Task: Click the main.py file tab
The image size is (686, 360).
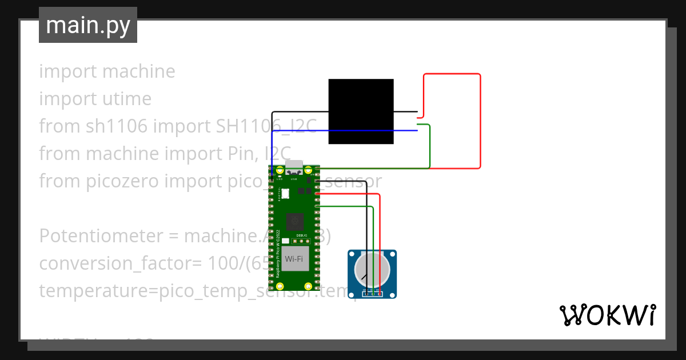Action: pyautogui.click(x=87, y=25)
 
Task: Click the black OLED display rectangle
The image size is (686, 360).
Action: pyautogui.click(x=361, y=111)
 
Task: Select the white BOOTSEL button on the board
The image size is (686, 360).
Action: pyautogui.click(x=285, y=194)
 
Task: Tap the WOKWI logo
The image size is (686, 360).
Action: pyautogui.click(x=607, y=315)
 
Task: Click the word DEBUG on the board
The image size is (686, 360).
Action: pyautogui.click(x=302, y=235)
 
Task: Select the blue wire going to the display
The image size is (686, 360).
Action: pyautogui.click(x=343, y=131)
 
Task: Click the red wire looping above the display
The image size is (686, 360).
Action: pyautogui.click(x=452, y=74)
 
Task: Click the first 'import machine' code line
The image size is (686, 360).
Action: pyautogui.click(x=107, y=71)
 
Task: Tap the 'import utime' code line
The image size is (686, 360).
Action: pyautogui.click(x=95, y=99)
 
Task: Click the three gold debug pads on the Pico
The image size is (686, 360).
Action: pyautogui.click(x=302, y=242)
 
